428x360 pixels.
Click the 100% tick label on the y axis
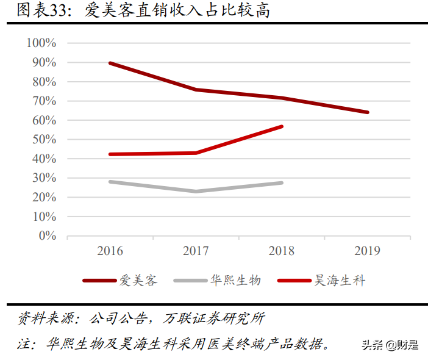point(41,43)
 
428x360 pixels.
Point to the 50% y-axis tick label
point(44,140)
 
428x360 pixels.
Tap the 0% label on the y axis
point(47,236)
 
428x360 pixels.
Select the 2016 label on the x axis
point(110,251)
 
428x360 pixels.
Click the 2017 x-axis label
point(196,251)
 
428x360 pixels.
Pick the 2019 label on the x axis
point(367,251)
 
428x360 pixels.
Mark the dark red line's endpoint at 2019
point(368,112)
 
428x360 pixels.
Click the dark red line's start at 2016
point(110,63)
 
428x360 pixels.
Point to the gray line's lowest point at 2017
point(196,192)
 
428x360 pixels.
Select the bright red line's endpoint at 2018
point(282,126)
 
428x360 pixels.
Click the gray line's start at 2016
point(110,181)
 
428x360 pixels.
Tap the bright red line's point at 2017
point(196,153)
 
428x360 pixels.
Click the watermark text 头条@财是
point(390,345)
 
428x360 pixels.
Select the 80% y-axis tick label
point(44,82)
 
